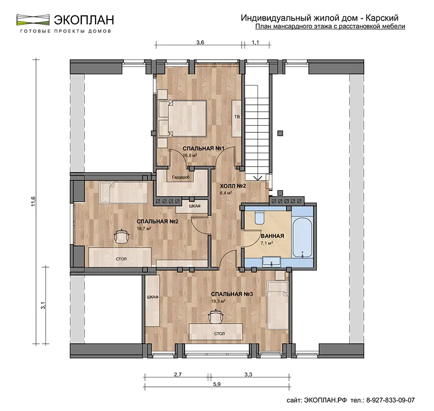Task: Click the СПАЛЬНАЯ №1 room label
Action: (x=203, y=148)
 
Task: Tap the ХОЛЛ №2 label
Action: (x=233, y=186)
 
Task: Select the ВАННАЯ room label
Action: (x=273, y=236)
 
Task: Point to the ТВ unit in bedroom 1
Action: (x=237, y=118)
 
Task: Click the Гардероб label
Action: (x=180, y=177)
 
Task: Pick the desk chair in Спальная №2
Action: (x=122, y=236)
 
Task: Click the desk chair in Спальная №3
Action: (x=216, y=316)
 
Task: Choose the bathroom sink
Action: (x=272, y=261)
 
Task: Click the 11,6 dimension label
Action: (x=33, y=201)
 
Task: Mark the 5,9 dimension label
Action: (x=217, y=384)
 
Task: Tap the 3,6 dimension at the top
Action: (x=200, y=42)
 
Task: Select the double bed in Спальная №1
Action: (x=182, y=118)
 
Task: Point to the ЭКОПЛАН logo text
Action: (x=84, y=20)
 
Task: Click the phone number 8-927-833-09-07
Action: (x=390, y=400)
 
